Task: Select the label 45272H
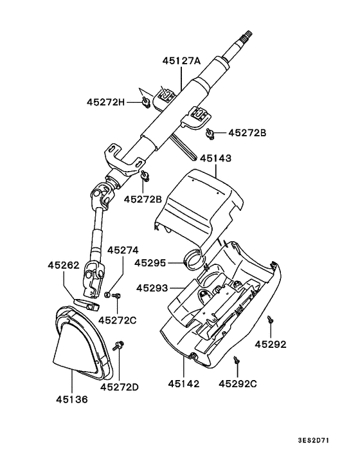[106, 101]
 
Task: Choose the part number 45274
[122, 250]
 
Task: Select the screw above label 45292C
[238, 361]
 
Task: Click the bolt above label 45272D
[120, 345]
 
